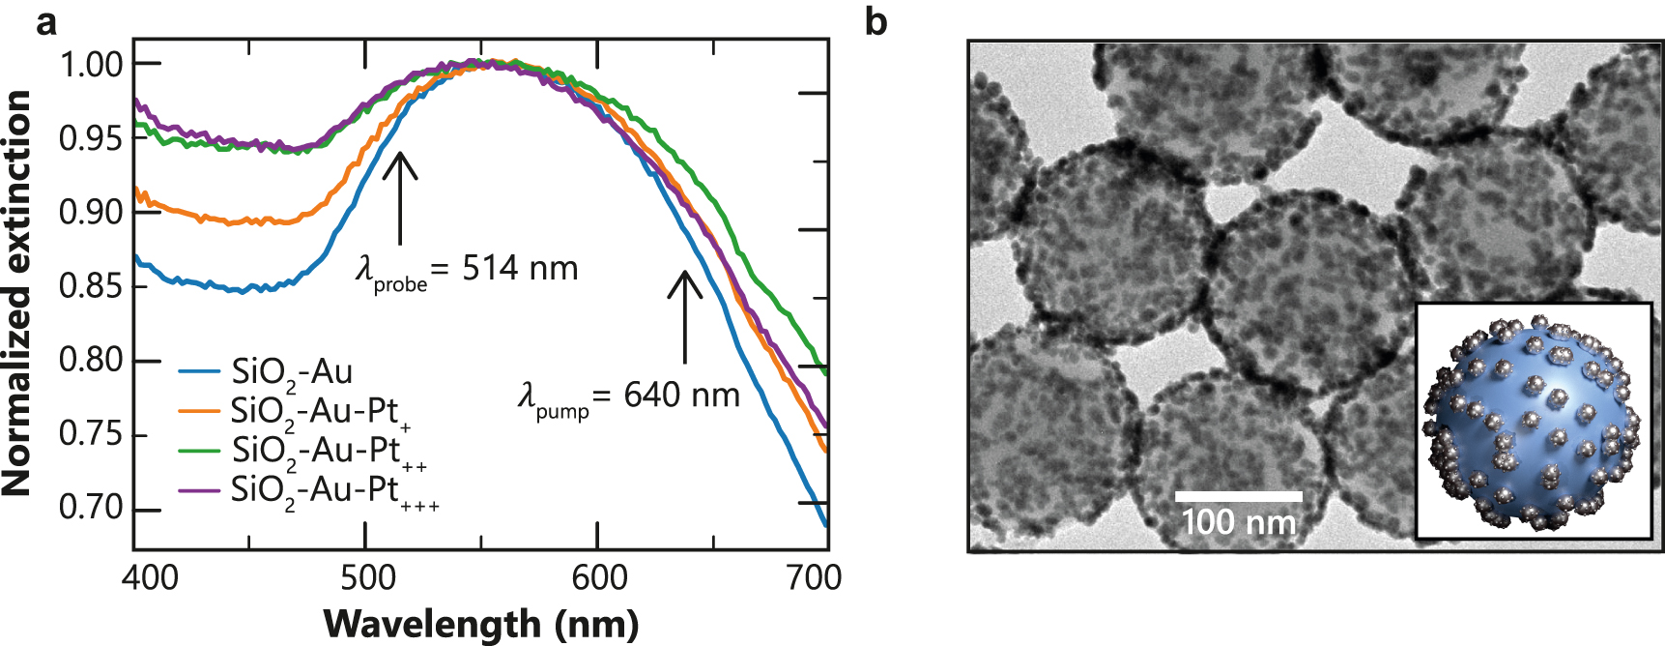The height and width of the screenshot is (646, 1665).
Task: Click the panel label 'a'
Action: (45, 21)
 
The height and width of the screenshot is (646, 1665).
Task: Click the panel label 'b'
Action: (876, 21)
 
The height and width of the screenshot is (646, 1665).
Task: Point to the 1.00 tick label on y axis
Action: (92, 65)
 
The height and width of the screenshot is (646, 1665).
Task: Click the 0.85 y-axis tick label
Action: (92, 286)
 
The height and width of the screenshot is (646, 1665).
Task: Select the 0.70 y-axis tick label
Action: (92, 508)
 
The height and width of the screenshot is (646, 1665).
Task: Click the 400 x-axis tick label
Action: (150, 577)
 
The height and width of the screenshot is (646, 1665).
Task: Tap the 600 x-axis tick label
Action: (599, 577)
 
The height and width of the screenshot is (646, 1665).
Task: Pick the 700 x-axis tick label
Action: (814, 577)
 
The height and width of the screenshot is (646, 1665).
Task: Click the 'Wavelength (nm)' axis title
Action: (480, 624)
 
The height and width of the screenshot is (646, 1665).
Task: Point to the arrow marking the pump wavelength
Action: (685, 315)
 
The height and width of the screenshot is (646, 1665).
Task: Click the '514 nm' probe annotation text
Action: (520, 268)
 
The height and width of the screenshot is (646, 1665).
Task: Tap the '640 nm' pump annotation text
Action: (681, 395)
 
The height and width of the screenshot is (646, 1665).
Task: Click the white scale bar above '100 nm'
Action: (1238, 496)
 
